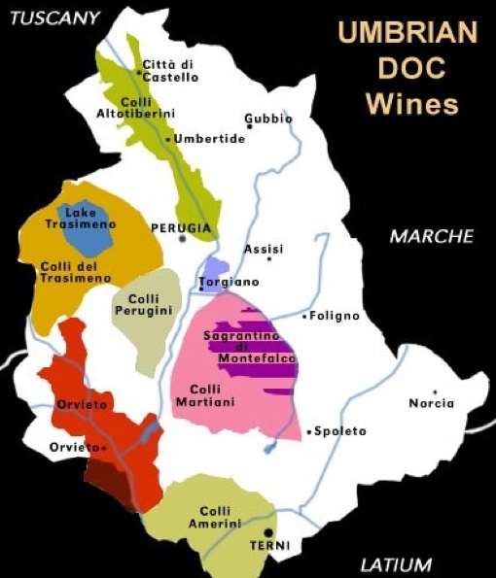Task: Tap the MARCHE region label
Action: click(431, 236)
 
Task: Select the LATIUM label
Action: click(395, 564)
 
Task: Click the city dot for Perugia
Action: click(182, 238)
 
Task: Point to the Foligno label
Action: click(335, 316)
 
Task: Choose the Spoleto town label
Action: click(339, 430)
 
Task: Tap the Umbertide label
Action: click(209, 139)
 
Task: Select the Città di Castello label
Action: click(170, 70)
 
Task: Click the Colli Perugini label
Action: click(143, 304)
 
